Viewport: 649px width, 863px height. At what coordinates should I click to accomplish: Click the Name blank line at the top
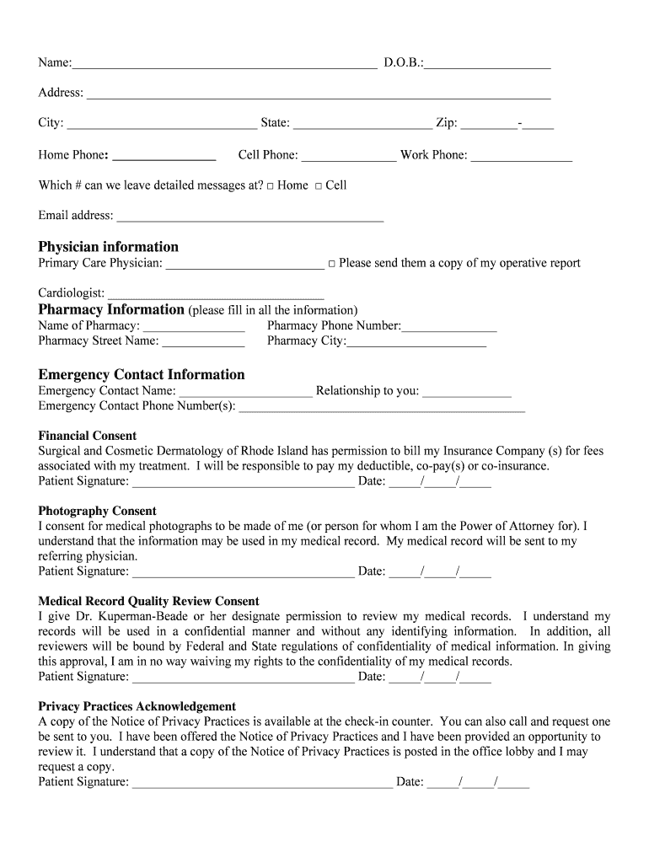click(x=224, y=64)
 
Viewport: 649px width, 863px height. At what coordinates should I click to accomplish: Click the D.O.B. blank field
click(x=488, y=64)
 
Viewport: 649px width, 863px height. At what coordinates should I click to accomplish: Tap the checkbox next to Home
click(x=271, y=186)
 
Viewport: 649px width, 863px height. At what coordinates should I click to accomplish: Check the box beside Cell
click(x=319, y=186)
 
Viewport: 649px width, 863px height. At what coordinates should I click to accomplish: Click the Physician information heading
click(x=108, y=247)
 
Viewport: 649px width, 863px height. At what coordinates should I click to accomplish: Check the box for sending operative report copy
click(x=332, y=264)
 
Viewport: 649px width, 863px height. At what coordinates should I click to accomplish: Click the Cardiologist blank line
click(x=216, y=294)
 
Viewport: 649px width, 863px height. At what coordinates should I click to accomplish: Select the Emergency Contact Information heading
click(x=142, y=375)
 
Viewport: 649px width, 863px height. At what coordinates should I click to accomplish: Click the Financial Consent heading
click(x=87, y=436)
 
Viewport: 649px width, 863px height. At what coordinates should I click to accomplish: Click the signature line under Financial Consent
click(x=243, y=483)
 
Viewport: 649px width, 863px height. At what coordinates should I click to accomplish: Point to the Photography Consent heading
click(x=97, y=511)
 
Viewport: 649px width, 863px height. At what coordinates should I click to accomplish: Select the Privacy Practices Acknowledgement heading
click(x=137, y=706)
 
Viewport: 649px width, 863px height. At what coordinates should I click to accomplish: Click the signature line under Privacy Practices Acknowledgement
click(x=262, y=783)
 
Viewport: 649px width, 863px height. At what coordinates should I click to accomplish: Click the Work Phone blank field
click(x=521, y=157)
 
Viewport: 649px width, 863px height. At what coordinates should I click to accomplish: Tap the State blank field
click(x=362, y=125)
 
